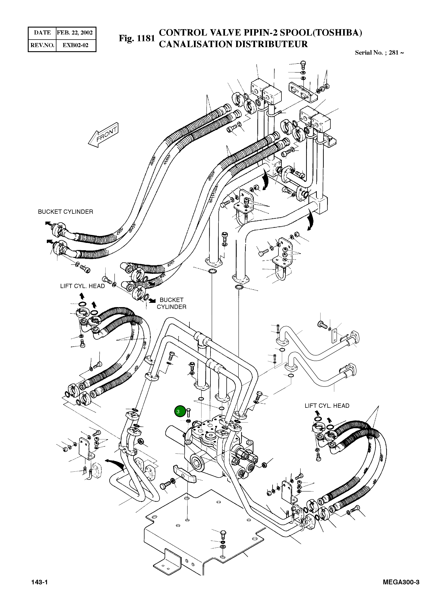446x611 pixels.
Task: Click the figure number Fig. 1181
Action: pyautogui.click(x=137, y=38)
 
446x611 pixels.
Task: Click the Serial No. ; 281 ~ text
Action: pyautogui.click(x=379, y=53)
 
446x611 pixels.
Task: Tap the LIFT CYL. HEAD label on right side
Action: pyautogui.click(x=327, y=406)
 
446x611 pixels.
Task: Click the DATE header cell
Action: pyautogui.click(x=42, y=33)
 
